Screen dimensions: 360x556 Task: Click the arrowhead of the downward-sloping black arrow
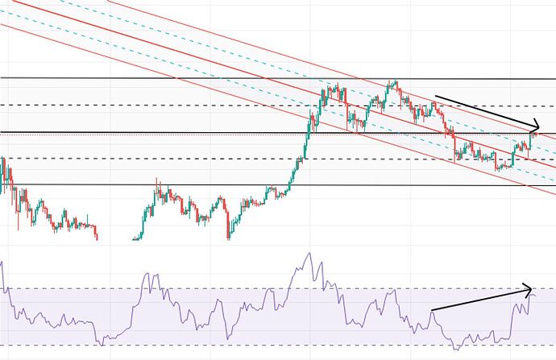pyautogui.click(x=537, y=129)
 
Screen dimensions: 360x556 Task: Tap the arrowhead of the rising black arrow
pyautogui.click(x=532, y=286)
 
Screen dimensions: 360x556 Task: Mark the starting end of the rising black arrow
pyautogui.click(x=431, y=310)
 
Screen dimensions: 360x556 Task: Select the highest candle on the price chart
pyautogui.click(x=394, y=81)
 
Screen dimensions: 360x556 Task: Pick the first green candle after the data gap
pyautogui.click(x=135, y=238)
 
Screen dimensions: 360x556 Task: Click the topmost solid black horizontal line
pyautogui.click(x=161, y=79)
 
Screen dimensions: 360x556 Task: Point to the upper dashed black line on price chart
pyautogui.click(x=161, y=106)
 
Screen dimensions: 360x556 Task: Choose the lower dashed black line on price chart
pyautogui.click(x=161, y=159)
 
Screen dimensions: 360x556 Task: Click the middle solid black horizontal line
pyautogui.click(x=161, y=132)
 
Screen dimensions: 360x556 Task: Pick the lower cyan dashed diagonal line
pyautogui.click(x=242, y=84)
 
